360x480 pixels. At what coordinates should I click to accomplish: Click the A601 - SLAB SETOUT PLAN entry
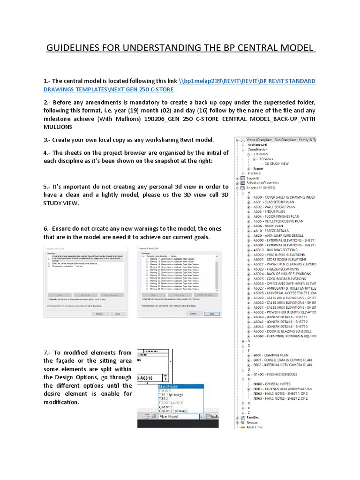[275, 202]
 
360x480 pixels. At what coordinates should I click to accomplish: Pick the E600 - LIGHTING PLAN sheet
[273, 355]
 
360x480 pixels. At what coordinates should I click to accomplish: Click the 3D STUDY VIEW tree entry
[283, 164]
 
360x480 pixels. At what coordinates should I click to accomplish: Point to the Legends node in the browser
[253, 178]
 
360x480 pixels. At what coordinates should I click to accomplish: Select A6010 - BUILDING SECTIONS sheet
[277, 250]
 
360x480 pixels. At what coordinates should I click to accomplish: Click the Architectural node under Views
[258, 145]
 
